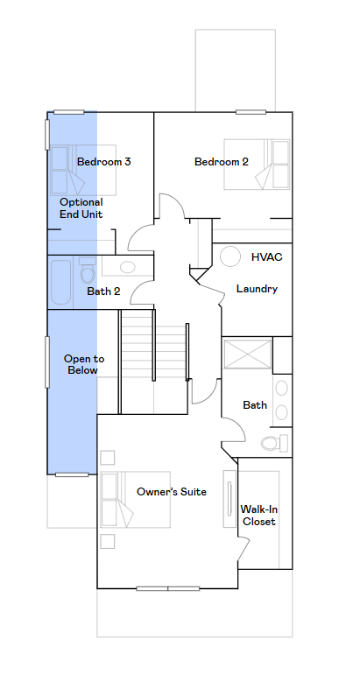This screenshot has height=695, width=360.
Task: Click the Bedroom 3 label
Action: (103, 162)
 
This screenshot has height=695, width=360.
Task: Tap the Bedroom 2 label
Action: (222, 162)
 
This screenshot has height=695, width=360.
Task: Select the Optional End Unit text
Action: (81, 208)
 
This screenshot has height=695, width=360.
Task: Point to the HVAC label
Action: (266, 257)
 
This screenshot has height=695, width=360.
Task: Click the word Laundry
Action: (257, 289)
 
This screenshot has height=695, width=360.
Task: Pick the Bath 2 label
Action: (103, 291)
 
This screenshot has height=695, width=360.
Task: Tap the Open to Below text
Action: (84, 364)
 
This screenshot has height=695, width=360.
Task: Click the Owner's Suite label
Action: (171, 492)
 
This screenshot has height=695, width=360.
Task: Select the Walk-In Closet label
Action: (259, 516)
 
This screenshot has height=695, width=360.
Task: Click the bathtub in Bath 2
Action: (60, 283)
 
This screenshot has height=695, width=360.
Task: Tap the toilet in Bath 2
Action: (88, 270)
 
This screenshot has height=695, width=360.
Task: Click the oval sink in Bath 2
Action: (128, 267)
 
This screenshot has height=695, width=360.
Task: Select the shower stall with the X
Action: (247, 354)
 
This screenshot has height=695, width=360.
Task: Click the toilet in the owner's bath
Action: (274, 443)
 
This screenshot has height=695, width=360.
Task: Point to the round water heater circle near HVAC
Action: (230, 256)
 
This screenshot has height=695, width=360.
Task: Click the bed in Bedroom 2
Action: (257, 165)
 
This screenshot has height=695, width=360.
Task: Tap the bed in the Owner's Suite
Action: (135, 500)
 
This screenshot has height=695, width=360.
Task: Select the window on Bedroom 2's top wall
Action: (251, 112)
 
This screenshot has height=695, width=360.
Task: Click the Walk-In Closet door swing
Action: (244, 549)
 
